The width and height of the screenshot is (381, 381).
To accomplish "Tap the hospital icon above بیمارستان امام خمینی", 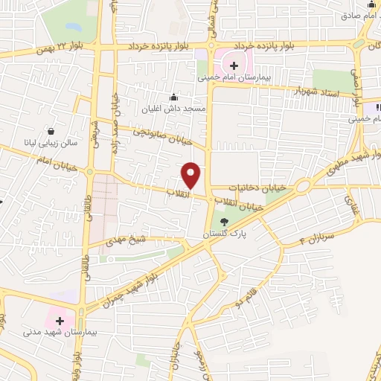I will click(x=234, y=65).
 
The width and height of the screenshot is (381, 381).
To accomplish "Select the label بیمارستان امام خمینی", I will click(x=235, y=77).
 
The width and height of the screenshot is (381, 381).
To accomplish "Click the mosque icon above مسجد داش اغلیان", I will click(x=174, y=97).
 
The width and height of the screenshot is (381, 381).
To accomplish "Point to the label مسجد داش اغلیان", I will click(x=175, y=109).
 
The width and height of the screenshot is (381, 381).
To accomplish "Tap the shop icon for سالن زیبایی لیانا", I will click(x=51, y=128).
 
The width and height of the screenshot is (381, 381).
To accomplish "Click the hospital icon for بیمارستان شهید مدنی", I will click(x=60, y=320).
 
